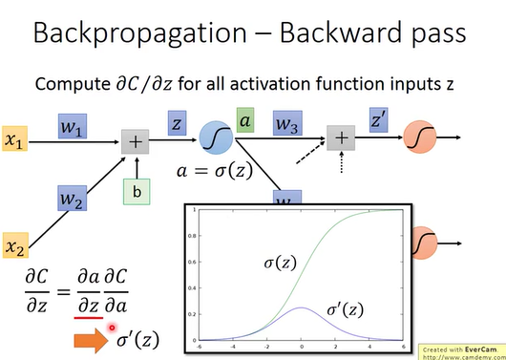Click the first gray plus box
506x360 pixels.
pos(137,140)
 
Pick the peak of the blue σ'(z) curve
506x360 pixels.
pos(302,307)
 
